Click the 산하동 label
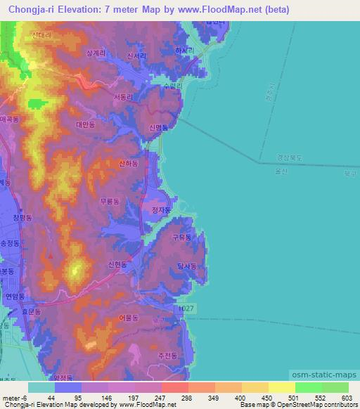click(x=129, y=163)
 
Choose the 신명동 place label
click(x=159, y=128)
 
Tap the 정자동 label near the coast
click(x=161, y=209)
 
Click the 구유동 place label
click(x=181, y=238)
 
